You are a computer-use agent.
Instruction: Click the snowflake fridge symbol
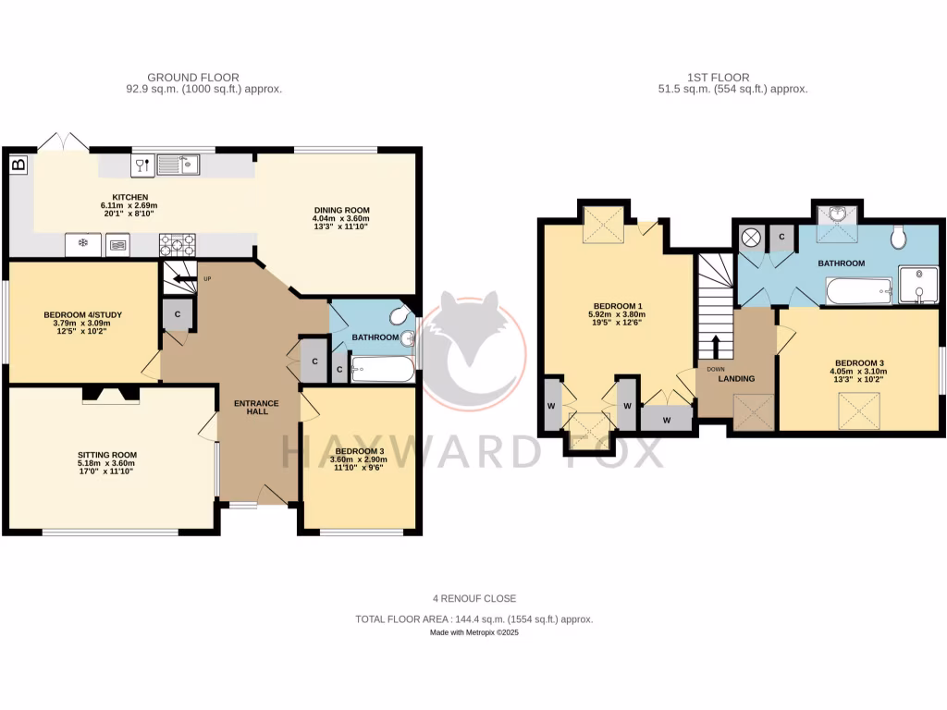pyautogui.click(x=82, y=245)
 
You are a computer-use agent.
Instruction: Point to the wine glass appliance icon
pyautogui.click(x=142, y=166)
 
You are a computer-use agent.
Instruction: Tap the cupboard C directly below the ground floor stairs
pyautogui.click(x=177, y=314)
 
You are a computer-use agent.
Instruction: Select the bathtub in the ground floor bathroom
pyautogui.click(x=382, y=371)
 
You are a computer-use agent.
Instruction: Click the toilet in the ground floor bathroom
pyautogui.click(x=400, y=316)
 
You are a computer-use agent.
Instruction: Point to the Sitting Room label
pyautogui.click(x=107, y=455)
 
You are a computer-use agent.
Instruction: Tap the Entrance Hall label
pyautogui.click(x=251, y=406)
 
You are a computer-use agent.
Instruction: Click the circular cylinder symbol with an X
pyautogui.click(x=751, y=238)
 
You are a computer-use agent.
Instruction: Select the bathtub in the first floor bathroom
pyautogui.click(x=856, y=292)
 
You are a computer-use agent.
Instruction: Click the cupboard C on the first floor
pyautogui.click(x=781, y=238)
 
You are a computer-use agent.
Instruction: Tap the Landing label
pyautogui.click(x=736, y=378)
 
